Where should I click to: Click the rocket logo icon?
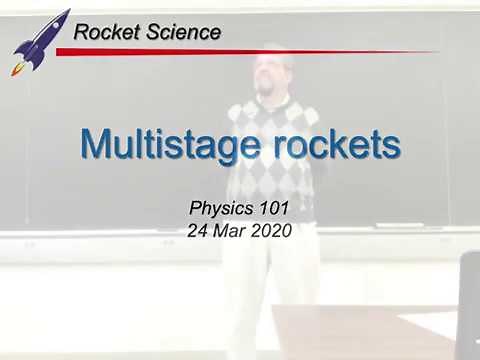[40, 40]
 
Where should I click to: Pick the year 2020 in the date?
[272, 230]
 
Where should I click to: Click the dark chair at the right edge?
[468, 300]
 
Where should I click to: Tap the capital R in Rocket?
[82, 32]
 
